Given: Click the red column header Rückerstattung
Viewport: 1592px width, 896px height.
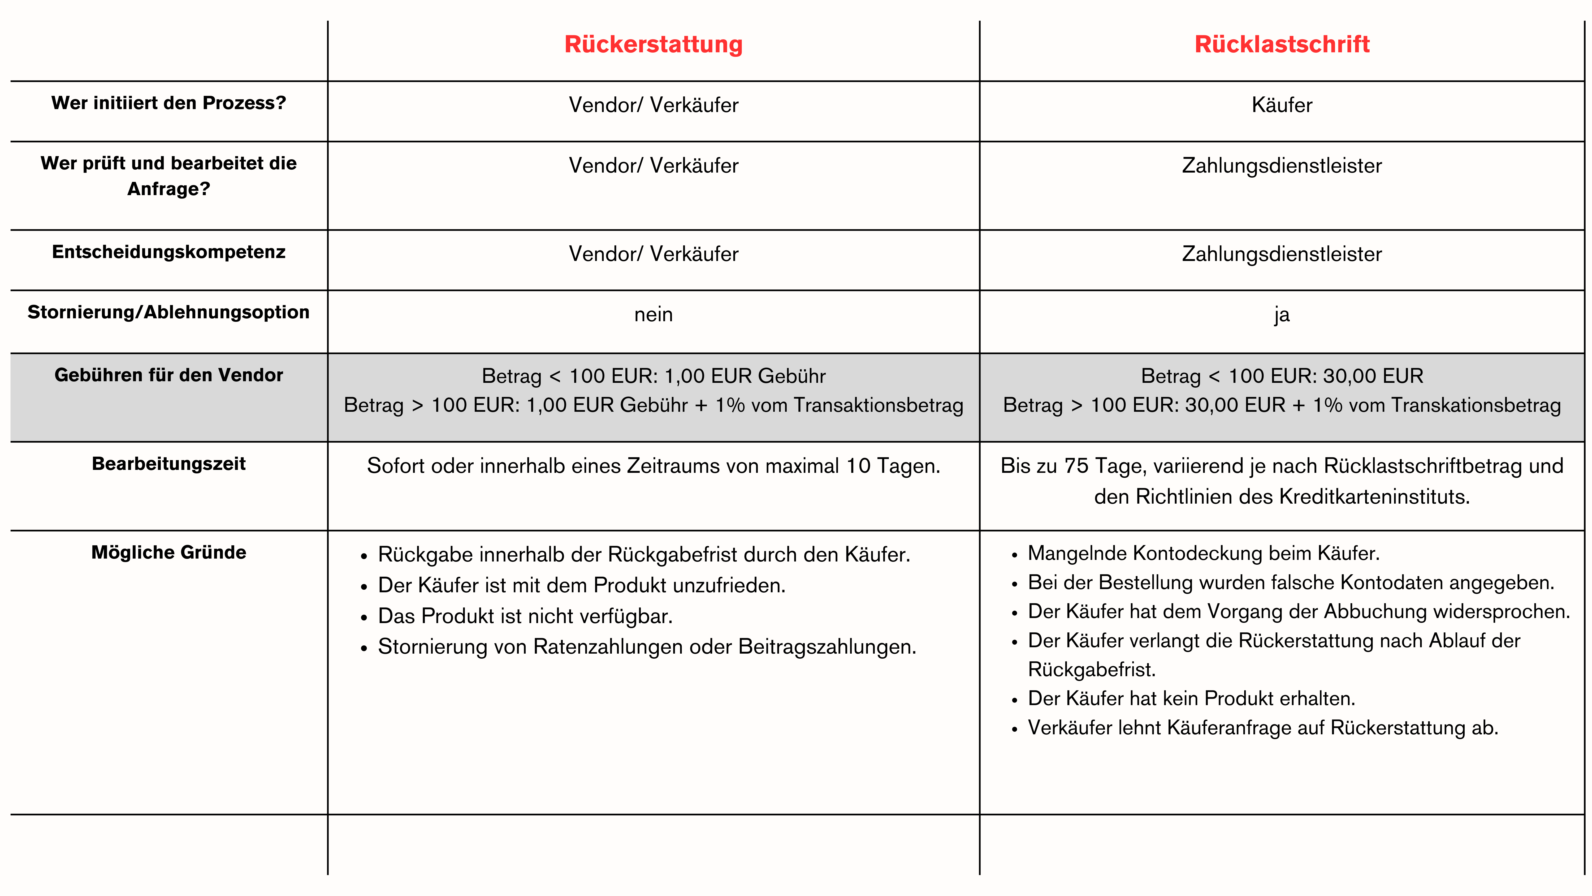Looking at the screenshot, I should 653,45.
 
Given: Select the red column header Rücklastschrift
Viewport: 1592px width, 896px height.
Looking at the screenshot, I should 1282,45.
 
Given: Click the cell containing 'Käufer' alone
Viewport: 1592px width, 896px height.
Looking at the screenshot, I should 1282,105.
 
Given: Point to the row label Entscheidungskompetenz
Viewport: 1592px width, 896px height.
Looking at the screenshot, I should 169,252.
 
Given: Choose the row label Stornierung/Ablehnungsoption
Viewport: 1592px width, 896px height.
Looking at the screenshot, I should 169,312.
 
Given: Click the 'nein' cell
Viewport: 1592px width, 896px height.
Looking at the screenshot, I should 653,315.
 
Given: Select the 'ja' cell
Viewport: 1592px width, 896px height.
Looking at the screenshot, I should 1282,315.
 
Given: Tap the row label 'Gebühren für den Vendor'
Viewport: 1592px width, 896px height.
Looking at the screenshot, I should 169,375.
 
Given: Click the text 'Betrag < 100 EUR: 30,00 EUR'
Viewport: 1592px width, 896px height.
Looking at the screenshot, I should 1282,376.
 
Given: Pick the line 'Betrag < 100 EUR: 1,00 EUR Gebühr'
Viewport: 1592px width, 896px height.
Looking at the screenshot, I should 653,376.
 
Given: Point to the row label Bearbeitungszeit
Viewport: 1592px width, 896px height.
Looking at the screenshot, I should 169,464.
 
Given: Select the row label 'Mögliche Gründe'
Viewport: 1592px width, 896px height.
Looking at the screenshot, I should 169,552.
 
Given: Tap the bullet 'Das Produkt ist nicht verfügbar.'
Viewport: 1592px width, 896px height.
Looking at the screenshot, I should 525,616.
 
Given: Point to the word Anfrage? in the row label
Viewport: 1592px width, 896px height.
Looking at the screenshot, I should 169,188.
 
